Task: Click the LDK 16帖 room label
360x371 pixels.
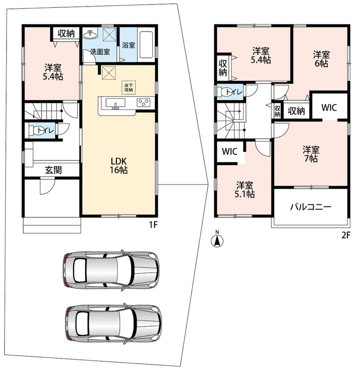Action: coord(119,166)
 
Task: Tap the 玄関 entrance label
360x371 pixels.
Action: coord(53,170)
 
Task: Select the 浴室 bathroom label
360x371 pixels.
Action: coord(129,45)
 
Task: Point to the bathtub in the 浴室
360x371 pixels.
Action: coord(146,45)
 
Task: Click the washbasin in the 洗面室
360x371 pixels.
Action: coord(90,34)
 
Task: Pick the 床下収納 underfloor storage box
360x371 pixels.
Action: coord(129,88)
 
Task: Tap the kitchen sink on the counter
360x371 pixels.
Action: coord(116,104)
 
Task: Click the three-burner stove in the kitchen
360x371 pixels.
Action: coord(143,102)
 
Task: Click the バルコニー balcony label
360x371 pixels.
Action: coord(310,207)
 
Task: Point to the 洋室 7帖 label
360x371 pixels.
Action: coord(311,154)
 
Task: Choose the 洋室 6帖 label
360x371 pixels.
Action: coord(321,59)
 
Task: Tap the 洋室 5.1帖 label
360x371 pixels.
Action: coord(244,190)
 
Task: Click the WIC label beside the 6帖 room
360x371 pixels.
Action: coord(329,108)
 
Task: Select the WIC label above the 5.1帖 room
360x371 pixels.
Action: coord(230,152)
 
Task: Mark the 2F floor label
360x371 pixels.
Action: coord(346,235)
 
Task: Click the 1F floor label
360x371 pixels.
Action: coord(153,224)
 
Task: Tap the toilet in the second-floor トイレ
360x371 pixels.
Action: coord(224,92)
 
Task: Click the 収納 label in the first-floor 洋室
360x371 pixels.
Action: coord(66,33)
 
